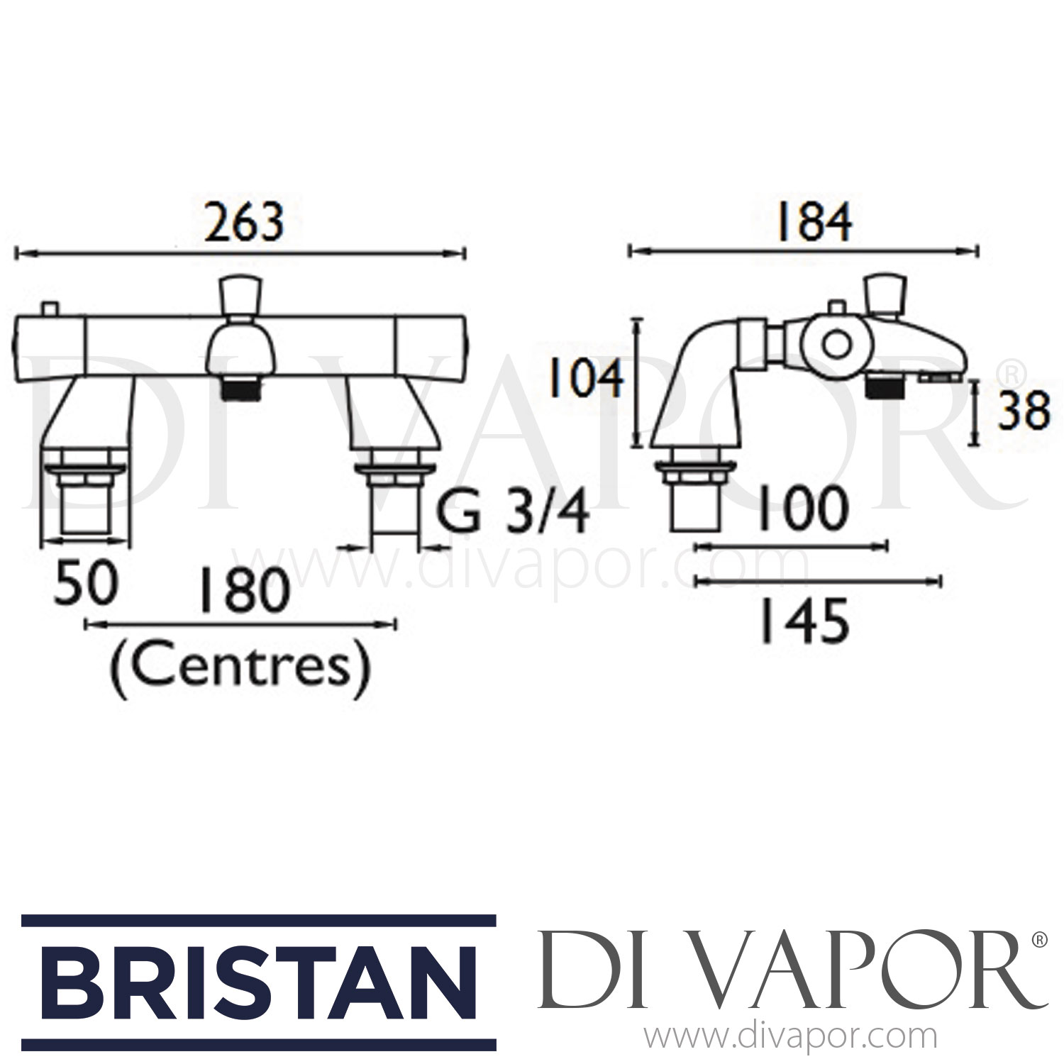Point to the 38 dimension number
[1022, 411]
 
